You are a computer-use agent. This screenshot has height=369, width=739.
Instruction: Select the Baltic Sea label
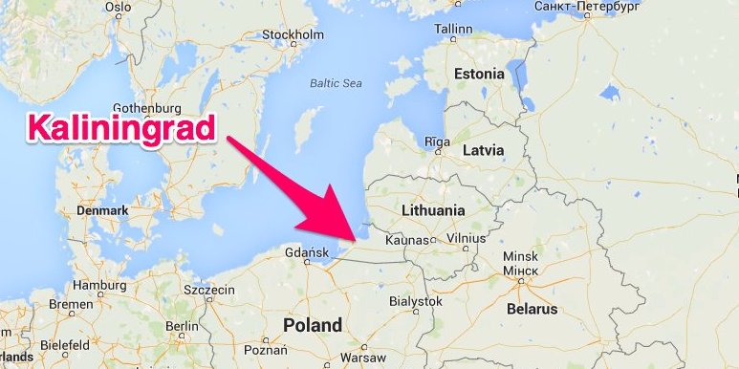pos(336,83)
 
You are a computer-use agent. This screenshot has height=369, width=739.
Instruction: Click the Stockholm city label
pos(288,35)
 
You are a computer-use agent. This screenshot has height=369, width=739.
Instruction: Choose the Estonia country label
pos(479,74)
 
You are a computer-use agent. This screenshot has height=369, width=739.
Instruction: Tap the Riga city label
pos(437,141)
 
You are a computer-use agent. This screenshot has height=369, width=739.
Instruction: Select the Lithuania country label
pos(433,210)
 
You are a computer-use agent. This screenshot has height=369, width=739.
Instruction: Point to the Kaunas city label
pos(406,239)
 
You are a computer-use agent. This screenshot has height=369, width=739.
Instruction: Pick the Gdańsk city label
pos(307,253)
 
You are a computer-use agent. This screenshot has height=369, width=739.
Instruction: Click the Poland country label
pos(312,325)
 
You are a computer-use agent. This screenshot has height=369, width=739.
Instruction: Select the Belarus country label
pos(532,310)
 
